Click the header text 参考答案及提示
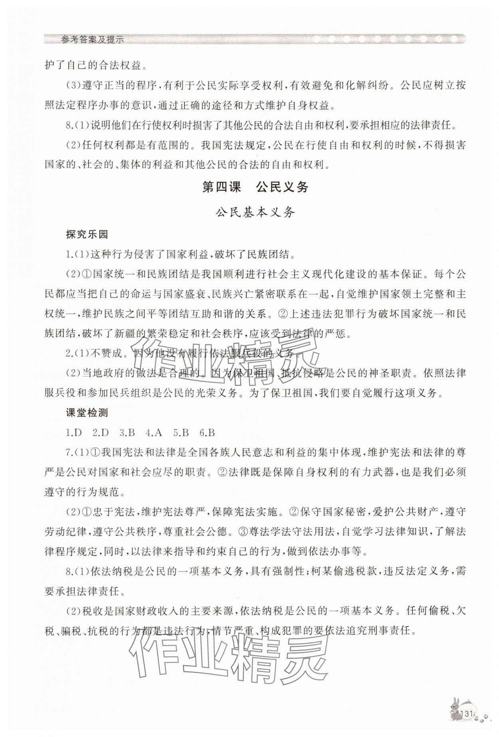pos(92,40)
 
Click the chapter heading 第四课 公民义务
pos(255,187)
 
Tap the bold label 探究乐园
pos(87,234)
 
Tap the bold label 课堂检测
pos(87,413)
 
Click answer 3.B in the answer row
pos(127,433)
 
